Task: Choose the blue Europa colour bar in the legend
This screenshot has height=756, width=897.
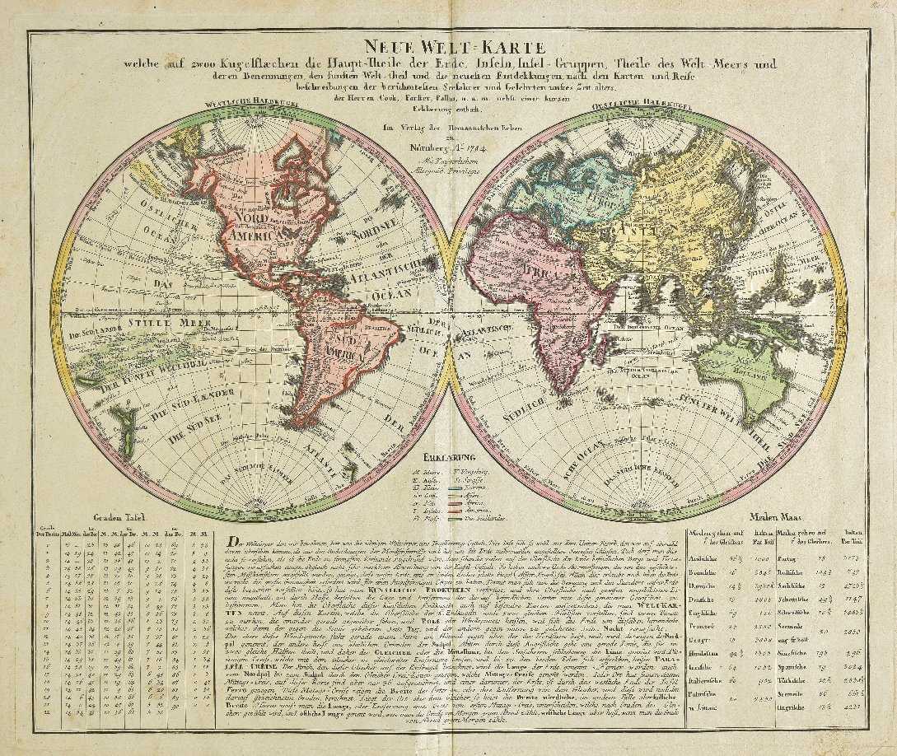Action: click(484, 485)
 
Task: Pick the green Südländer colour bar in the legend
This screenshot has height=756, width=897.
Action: click(484, 517)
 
